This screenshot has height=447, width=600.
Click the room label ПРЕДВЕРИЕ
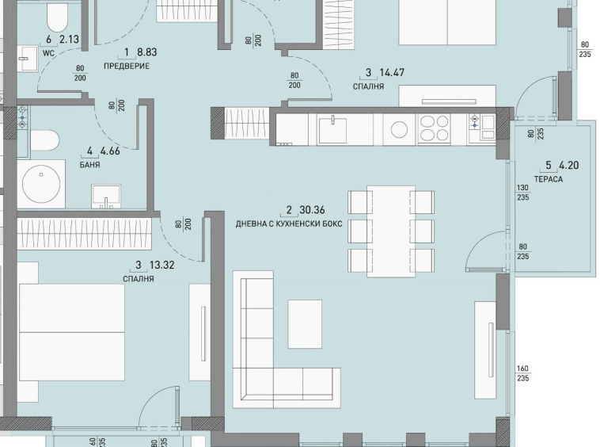coord(127,67)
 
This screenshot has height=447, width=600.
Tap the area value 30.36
coord(313,211)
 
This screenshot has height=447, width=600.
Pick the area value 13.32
coord(158,266)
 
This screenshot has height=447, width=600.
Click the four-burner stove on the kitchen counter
coord(434,128)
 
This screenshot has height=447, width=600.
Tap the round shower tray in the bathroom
coord(42,184)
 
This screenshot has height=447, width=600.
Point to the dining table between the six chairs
coord(391,231)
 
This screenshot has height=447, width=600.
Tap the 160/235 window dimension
coord(524,372)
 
